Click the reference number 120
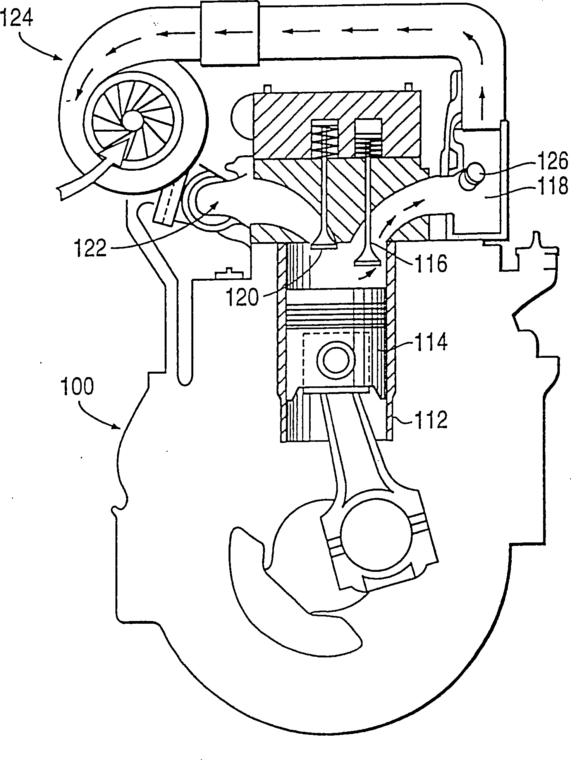(x=242, y=298)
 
